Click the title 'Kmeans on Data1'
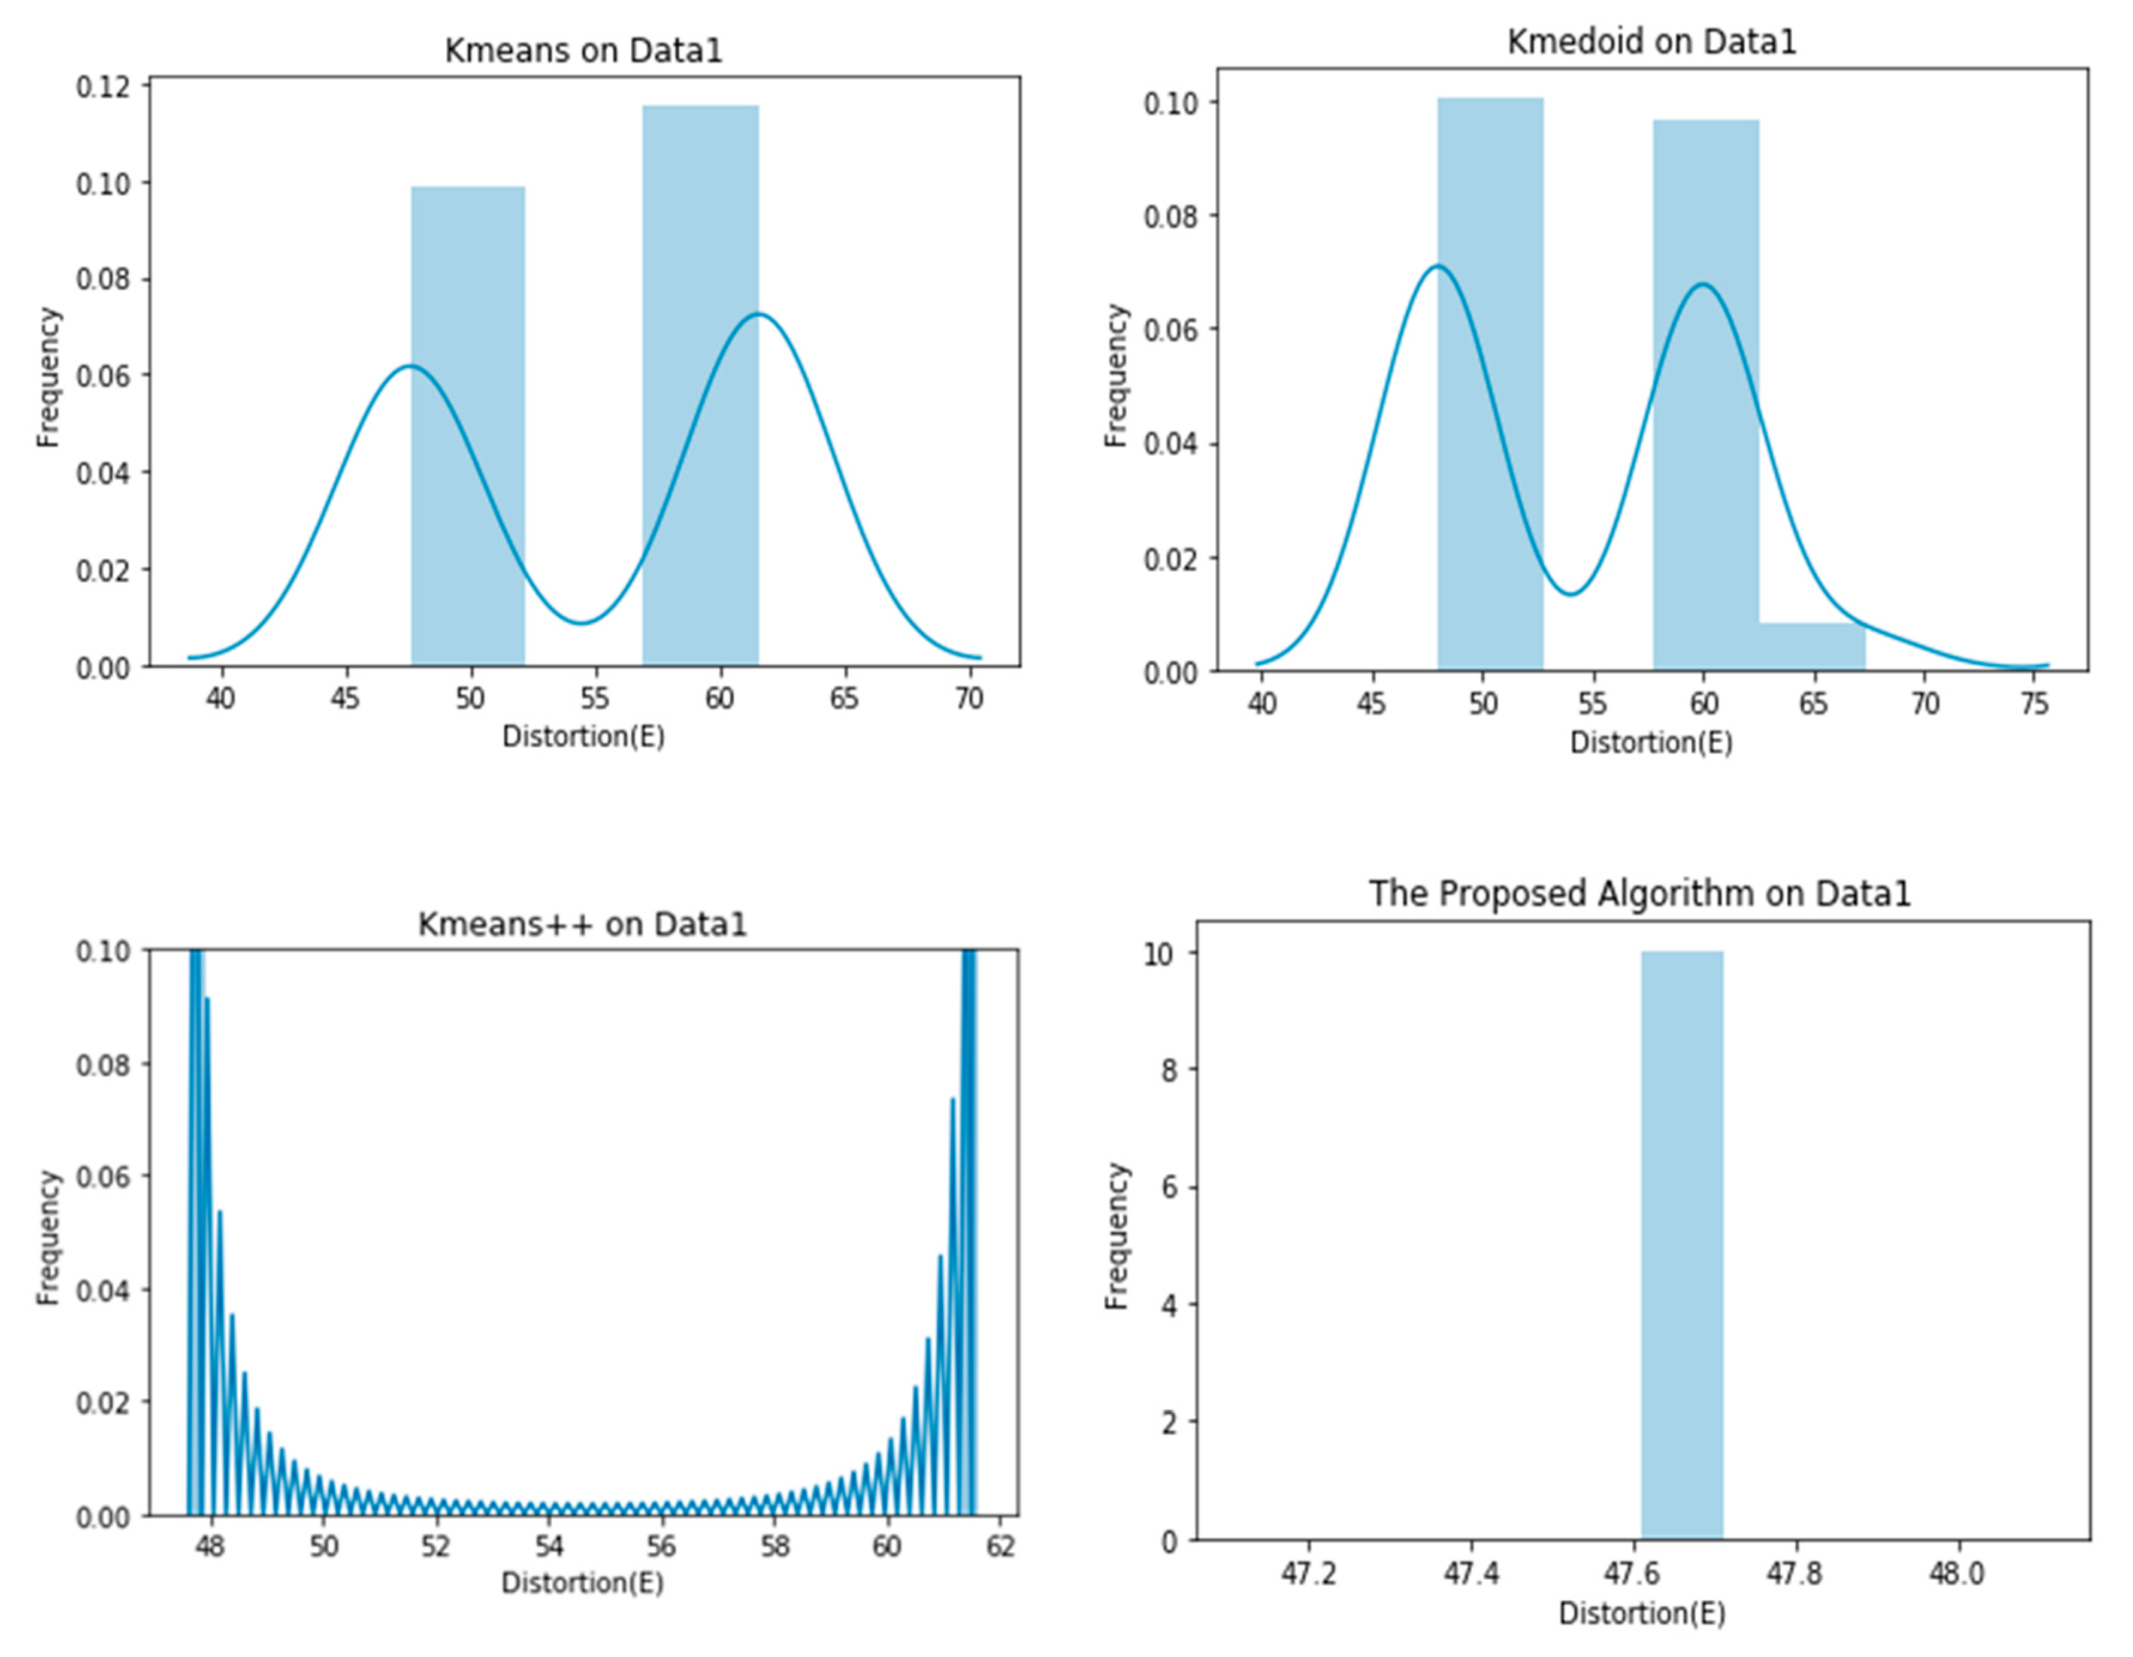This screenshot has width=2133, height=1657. click(583, 51)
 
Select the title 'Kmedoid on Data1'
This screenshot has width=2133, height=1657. click(1651, 42)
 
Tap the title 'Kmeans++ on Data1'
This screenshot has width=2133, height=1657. click(582, 923)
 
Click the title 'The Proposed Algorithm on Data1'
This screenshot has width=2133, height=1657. click(1639, 893)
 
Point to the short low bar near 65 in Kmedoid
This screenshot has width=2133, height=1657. click(1813, 646)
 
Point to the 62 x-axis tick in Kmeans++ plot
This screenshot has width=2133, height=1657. click(1001, 1547)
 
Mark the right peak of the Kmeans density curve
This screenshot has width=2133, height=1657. click(758, 314)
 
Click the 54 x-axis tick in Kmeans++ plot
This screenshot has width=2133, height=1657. click(549, 1547)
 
